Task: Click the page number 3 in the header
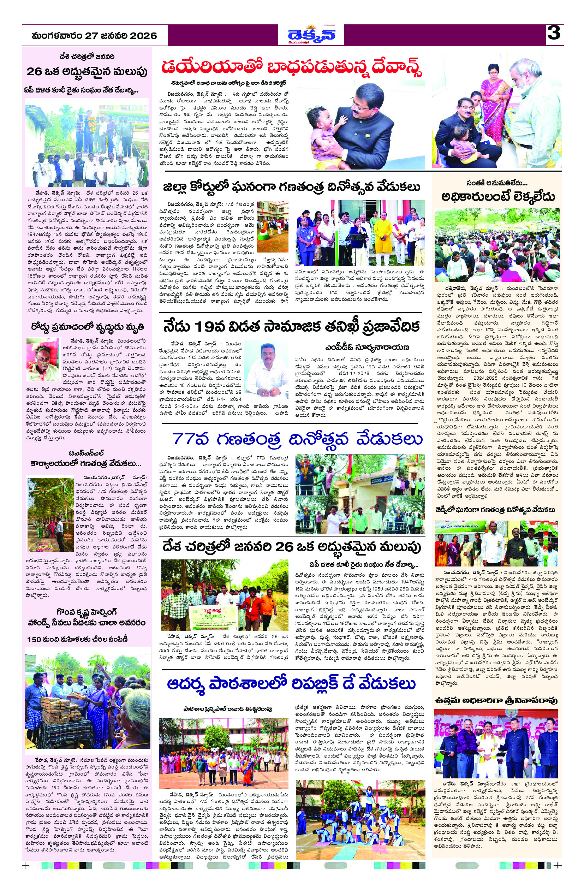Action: pyautogui.click(x=554, y=34)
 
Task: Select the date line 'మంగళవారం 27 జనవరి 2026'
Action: pyautogui.click(x=94, y=36)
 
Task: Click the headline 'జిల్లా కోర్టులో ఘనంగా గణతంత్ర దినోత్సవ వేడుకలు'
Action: pyautogui.click(x=292, y=187)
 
